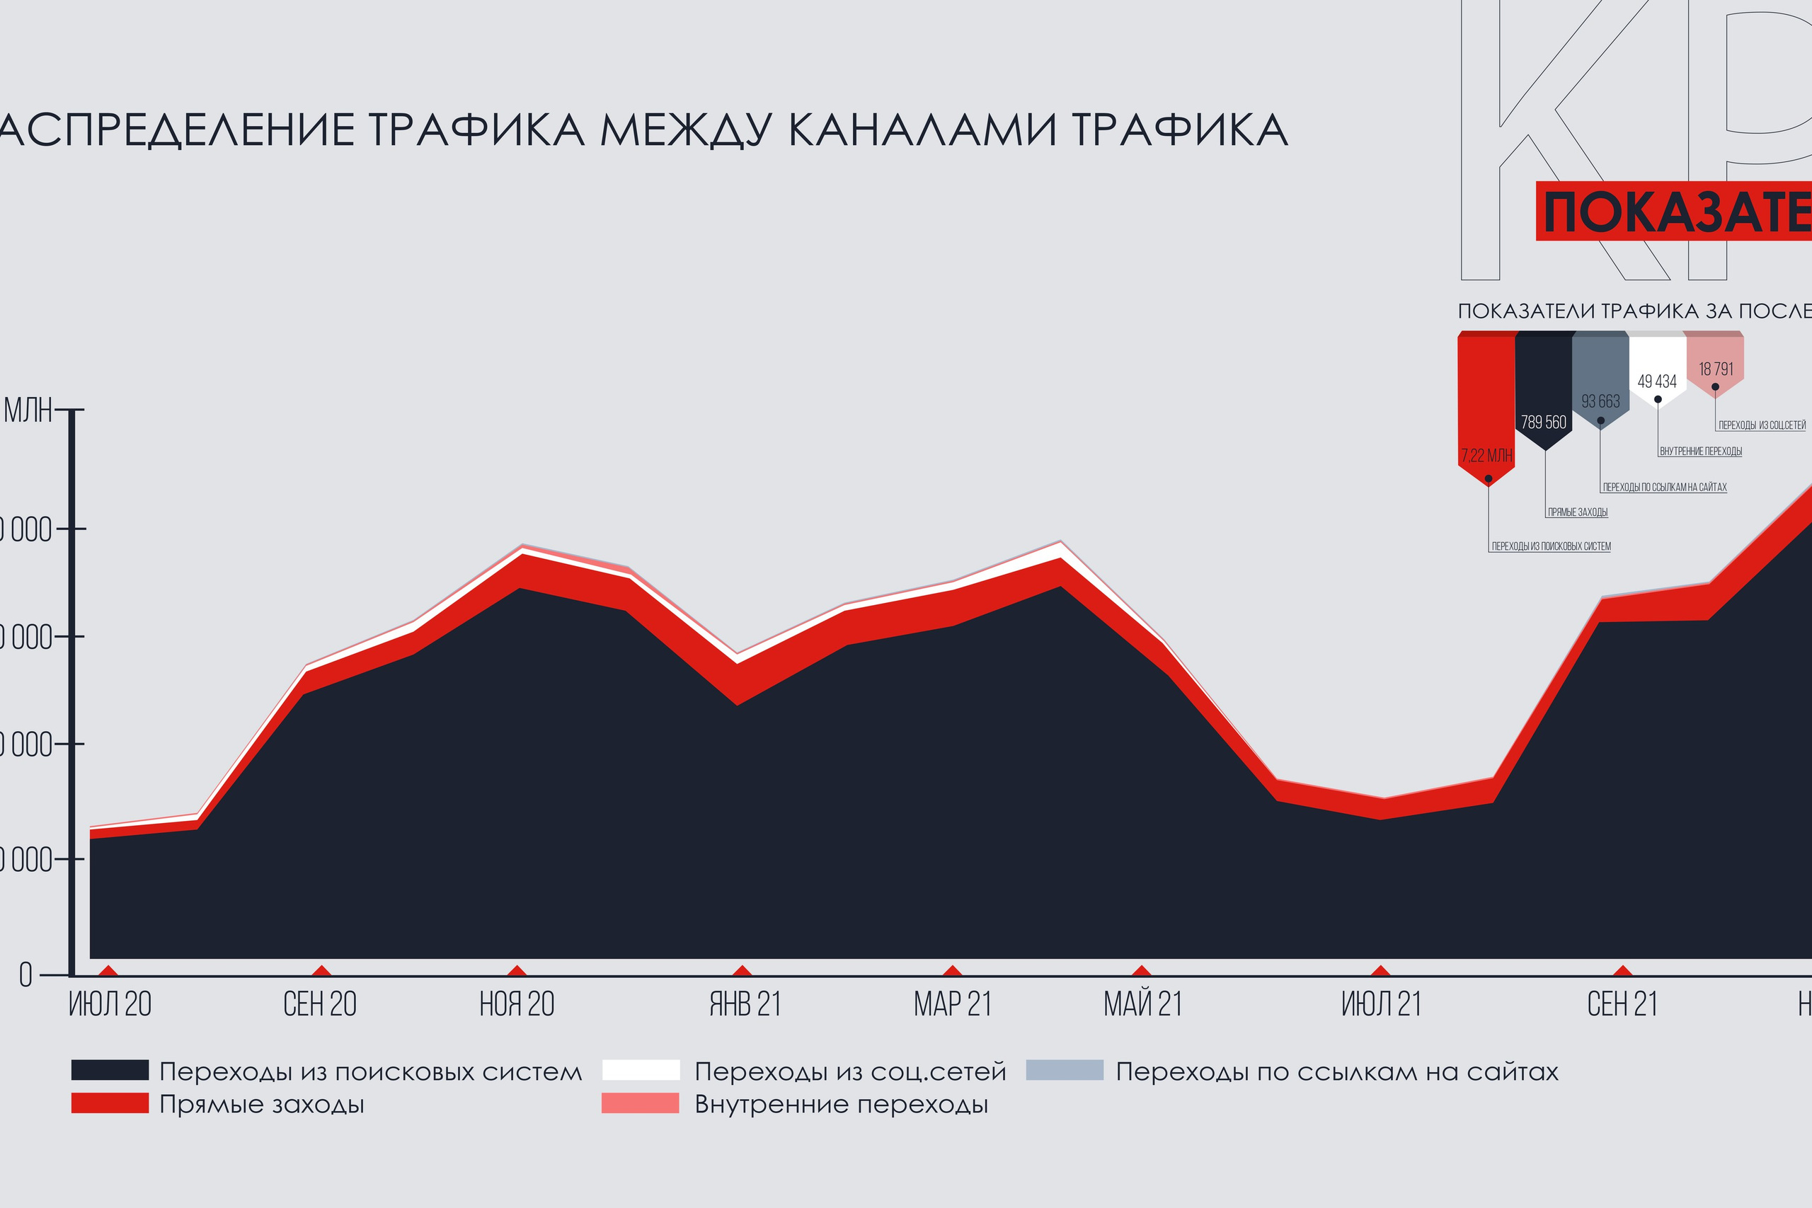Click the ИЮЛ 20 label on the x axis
coord(110,1005)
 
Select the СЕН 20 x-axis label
coord(320,1005)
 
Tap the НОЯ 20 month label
coord(517,1005)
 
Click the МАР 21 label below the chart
coord(952,1005)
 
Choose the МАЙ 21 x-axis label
coord(1142,1005)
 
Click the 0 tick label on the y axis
coord(26,976)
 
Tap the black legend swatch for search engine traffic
coord(110,1070)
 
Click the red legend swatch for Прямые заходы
coord(110,1103)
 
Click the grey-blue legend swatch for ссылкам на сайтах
coord(1065,1070)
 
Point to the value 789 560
coord(1543,422)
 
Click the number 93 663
coord(1600,401)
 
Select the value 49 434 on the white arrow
coord(1657,381)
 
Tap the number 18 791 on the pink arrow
coord(1716,369)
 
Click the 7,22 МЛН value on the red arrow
coord(1487,455)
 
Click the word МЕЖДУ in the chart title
coord(685,130)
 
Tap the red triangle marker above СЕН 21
coord(1623,971)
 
